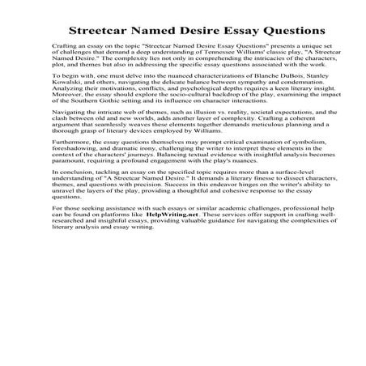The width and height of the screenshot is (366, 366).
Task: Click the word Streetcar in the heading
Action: coord(101,31)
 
